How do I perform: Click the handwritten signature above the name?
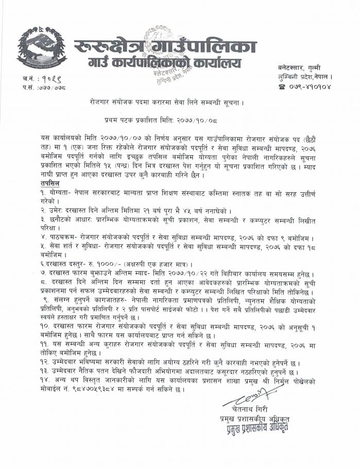point(246,400)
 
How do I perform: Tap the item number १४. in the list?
point(44,380)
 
